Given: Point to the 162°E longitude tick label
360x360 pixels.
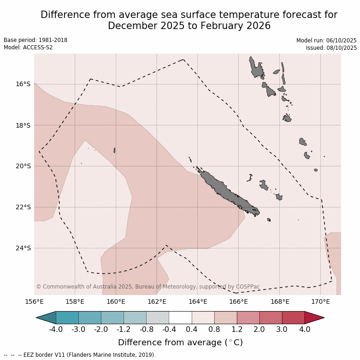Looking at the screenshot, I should coord(157,302).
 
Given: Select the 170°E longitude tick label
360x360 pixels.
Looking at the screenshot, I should coord(320,302).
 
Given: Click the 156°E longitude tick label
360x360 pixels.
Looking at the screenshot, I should coord(34,302).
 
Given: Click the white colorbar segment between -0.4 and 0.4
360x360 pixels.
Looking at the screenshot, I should coord(180,318).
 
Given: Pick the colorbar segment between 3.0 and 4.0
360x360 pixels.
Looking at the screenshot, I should coord(293,318).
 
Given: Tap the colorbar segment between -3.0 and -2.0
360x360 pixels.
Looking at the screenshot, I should coord(90,318).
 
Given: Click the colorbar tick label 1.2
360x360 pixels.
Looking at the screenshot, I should coord(237,330).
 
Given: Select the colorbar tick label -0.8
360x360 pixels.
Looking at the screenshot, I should coord(146,330).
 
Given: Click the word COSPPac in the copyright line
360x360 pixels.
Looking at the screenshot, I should coord(248,287).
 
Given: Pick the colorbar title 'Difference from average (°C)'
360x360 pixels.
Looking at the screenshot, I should coord(180,342).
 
